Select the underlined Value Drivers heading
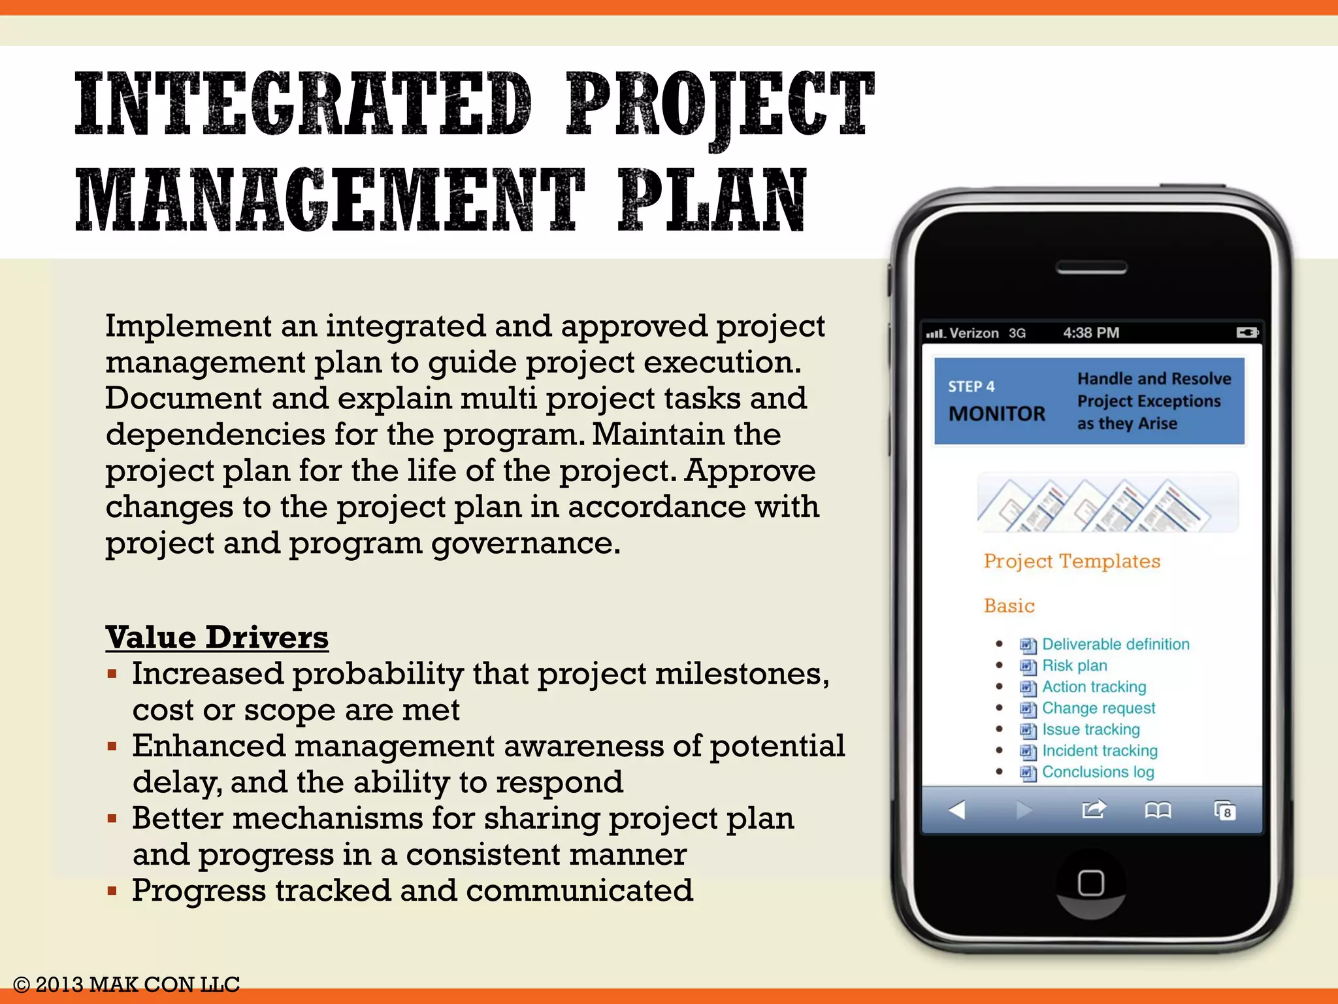(x=217, y=637)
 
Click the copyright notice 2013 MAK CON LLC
(x=127, y=984)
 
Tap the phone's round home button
(x=1090, y=883)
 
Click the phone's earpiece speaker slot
(x=1091, y=267)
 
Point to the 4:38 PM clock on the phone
(x=1090, y=333)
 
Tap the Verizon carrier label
(x=973, y=333)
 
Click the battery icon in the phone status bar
(x=1247, y=333)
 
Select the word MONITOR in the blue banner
(x=996, y=414)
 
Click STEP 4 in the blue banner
(x=971, y=386)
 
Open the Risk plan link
(x=1074, y=665)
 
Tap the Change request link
(x=1098, y=708)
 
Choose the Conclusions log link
(x=1098, y=772)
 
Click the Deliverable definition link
(x=1115, y=644)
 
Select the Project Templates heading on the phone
(x=1072, y=561)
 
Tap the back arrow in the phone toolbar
(x=957, y=811)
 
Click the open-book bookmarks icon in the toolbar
(x=1158, y=811)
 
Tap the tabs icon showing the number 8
(x=1225, y=811)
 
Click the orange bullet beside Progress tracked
(x=112, y=890)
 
